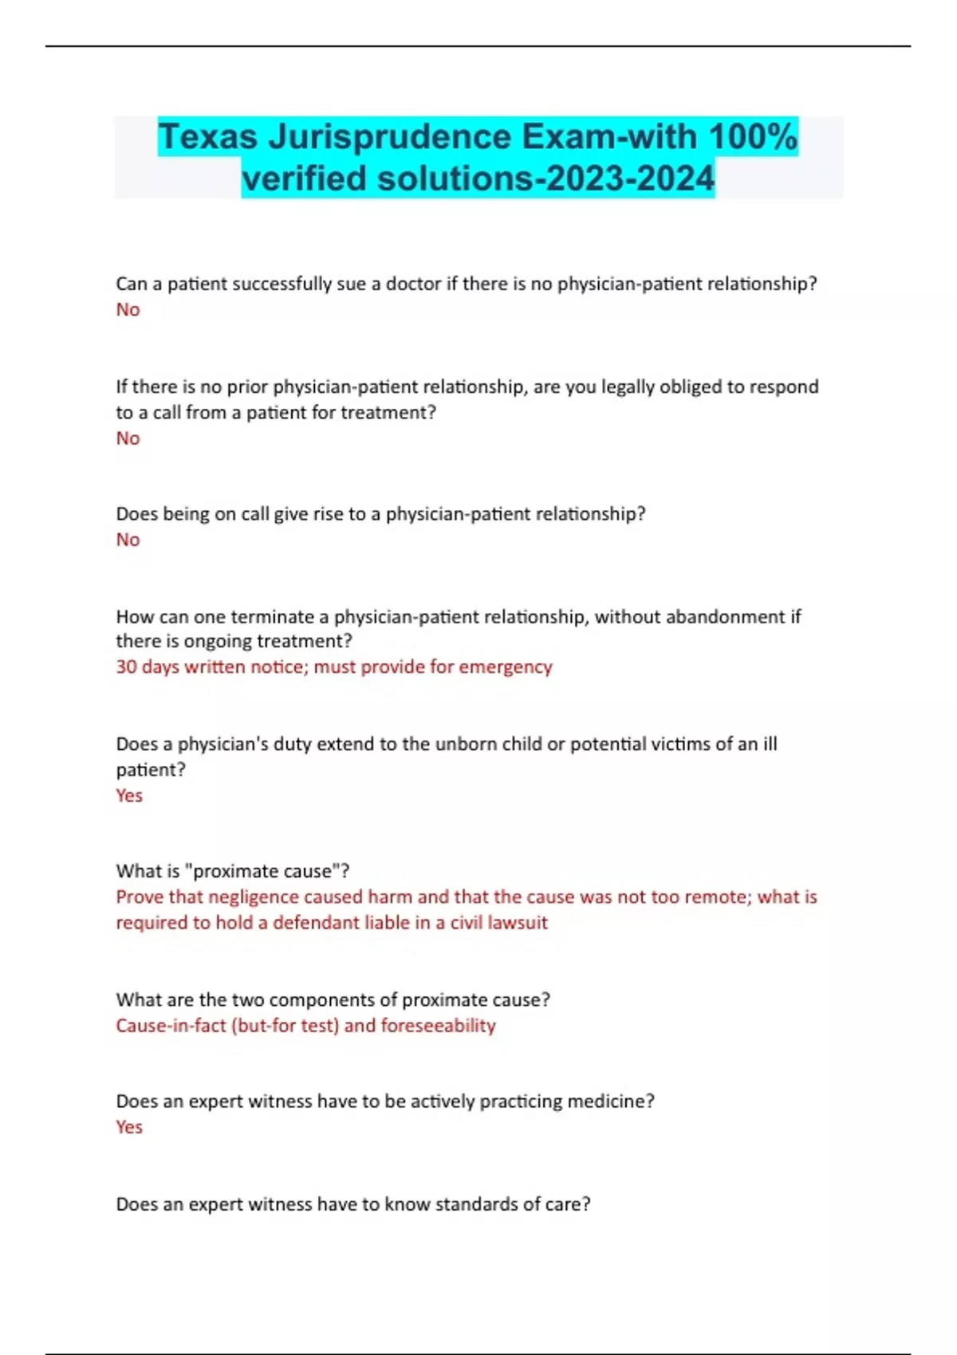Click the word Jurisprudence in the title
(389, 136)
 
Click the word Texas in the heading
(207, 136)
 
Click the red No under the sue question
(128, 309)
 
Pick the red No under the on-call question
(128, 540)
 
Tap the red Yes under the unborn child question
(129, 795)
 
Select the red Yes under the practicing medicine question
(129, 1127)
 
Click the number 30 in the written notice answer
(126, 666)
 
